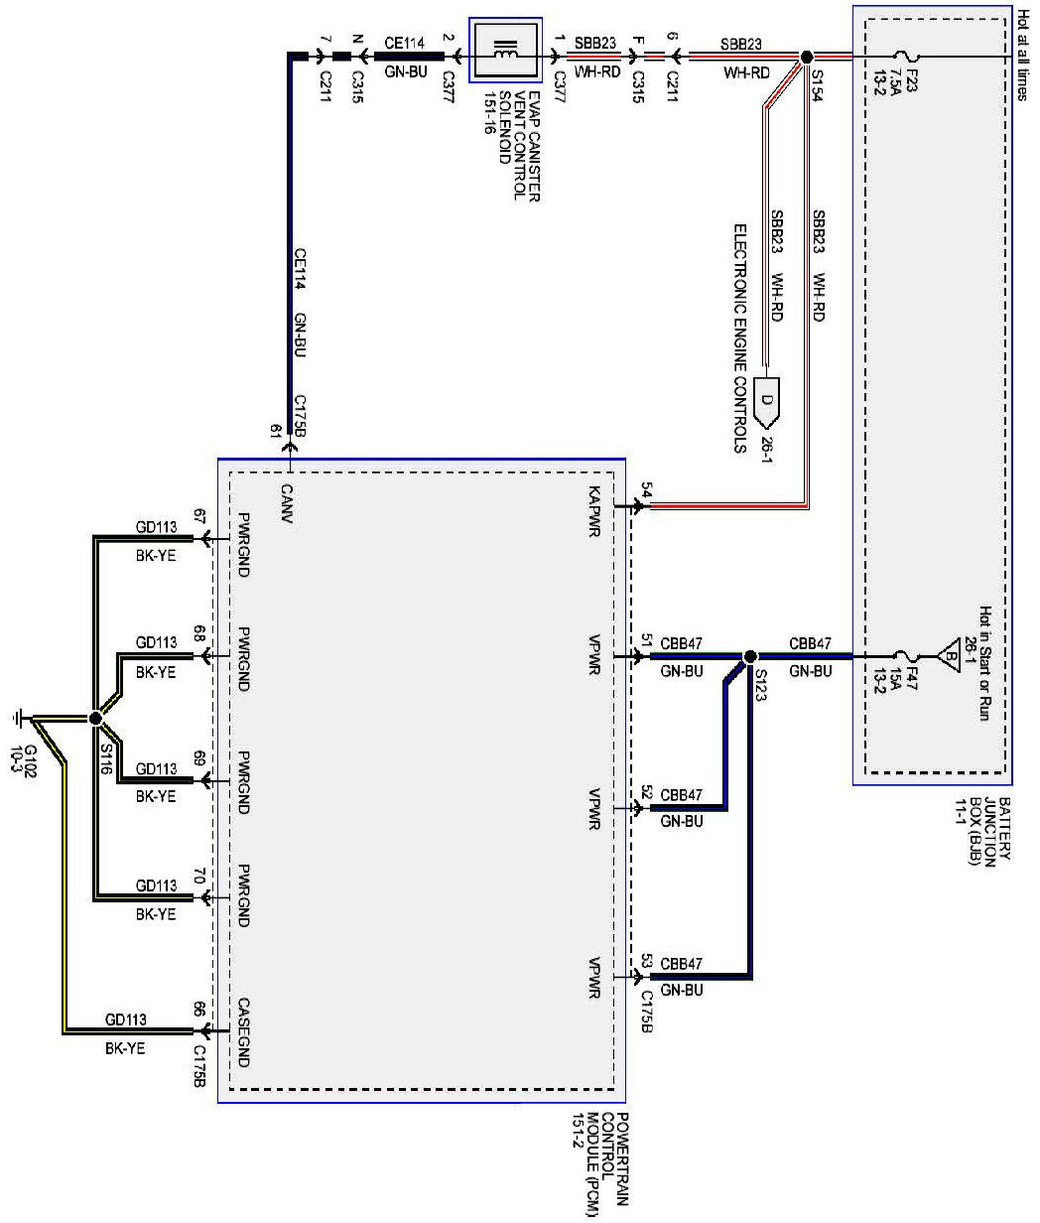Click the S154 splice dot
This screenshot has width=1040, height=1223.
tap(806, 58)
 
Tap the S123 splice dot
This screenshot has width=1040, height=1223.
tap(749, 656)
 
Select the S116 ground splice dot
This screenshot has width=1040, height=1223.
tap(95, 719)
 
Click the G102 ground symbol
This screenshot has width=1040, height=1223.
tap(17, 719)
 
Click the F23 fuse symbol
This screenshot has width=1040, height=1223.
tap(905, 58)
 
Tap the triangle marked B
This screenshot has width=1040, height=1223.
tap(950, 656)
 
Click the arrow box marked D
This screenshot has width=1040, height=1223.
tap(767, 403)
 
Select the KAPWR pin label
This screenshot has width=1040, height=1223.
tap(594, 512)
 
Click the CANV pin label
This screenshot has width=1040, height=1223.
tap(287, 504)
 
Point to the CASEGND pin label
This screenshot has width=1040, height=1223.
tap(243, 1032)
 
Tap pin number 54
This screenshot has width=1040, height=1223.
tap(647, 490)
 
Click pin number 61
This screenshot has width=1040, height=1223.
tap(276, 431)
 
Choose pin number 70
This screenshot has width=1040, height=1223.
tap(199, 877)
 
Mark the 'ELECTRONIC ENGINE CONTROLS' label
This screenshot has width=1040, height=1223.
tap(740, 338)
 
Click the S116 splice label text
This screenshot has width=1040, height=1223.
tap(106, 758)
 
